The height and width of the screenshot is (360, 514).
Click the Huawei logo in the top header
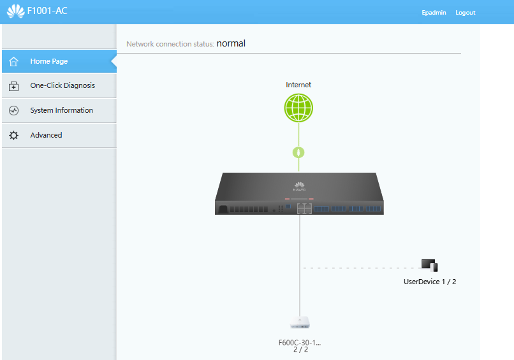point(16,11)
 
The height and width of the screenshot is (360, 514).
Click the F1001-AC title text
point(47,11)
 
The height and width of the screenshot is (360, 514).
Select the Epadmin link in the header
point(434,13)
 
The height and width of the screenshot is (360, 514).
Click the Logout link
point(465,13)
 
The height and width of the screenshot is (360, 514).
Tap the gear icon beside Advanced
point(14,135)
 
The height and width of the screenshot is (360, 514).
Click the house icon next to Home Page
point(14,61)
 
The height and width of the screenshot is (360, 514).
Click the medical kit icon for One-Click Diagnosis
point(14,86)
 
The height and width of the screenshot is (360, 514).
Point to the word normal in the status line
point(231,43)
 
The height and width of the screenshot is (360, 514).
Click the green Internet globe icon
point(298,108)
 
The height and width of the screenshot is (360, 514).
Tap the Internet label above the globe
point(298,85)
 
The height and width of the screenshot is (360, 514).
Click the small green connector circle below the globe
point(298,152)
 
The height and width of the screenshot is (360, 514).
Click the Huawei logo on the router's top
point(299,187)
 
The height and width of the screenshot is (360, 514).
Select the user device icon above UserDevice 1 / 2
point(429,265)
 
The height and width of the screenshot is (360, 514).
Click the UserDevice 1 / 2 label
point(430,282)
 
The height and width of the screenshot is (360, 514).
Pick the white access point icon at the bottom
point(300,322)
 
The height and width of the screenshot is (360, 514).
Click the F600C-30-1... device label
point(300,343)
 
